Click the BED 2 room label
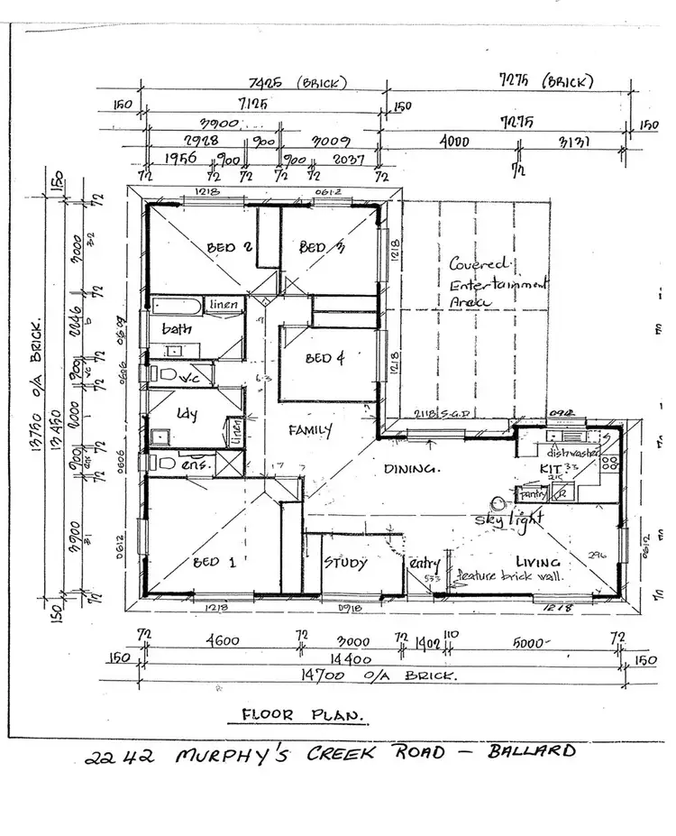[x=221, y=247]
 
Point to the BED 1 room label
[x=214, y=562]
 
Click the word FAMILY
[x=310, y=430]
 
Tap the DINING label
[x=412, y=470]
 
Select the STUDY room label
[x=345, y=564]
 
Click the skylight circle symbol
[x=496, y=504]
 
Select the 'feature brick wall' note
[x=509, y=575]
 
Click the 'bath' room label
[x=178, y=329]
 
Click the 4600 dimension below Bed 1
[x=222, y=641]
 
